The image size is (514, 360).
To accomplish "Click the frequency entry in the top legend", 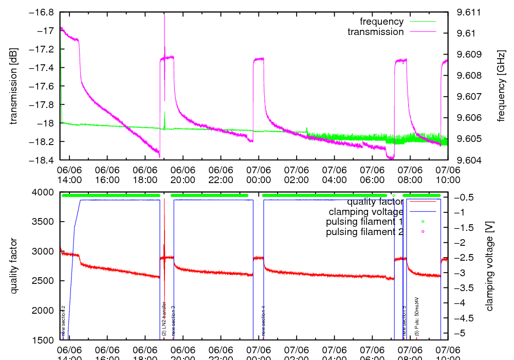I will [x=381, y=22].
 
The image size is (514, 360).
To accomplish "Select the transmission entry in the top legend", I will [x=375, y=32].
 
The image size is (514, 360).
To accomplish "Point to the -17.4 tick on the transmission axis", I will [x=43, y=68].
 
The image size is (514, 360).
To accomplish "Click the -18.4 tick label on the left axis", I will [x=43, y=160].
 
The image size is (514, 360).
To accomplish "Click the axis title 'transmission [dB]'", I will [x=14, y=86].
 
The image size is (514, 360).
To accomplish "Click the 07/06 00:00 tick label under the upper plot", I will [x=258, y=174].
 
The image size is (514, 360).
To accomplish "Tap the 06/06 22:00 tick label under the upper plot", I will [x=221, y=174].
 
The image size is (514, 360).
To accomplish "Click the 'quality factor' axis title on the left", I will [x=14, y=266].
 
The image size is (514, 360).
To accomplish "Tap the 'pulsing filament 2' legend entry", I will [x=364, y=232].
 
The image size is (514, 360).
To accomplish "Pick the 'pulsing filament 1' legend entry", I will [x=364, y=222].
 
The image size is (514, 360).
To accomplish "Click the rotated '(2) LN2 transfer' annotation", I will [x=164, y=319].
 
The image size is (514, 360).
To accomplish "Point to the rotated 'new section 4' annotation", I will [x=264, y=321].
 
